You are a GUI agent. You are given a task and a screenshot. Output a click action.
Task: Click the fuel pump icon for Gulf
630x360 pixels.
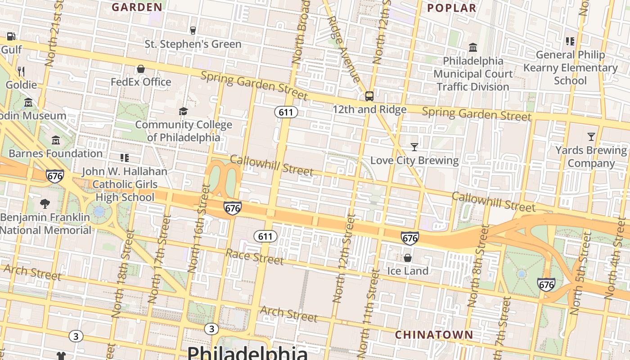tap(11, 36)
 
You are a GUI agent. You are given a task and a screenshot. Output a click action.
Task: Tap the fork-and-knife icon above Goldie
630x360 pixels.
tap(21, 71)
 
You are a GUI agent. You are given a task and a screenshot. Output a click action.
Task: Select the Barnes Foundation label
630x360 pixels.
tap(56, 153)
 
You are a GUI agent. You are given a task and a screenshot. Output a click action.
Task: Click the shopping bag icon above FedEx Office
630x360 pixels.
tap(141, 69)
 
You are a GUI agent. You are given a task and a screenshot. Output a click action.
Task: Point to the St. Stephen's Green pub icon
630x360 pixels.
tap(193, 30)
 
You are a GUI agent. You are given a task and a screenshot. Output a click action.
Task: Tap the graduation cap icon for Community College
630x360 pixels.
tap(183, 111)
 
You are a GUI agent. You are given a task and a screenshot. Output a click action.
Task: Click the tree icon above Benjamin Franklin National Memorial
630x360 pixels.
tap(45, 203)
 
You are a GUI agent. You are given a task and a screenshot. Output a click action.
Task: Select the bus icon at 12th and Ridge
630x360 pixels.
tap(369, 96)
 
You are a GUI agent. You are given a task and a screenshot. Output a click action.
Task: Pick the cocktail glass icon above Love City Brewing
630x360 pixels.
tap(414, 147)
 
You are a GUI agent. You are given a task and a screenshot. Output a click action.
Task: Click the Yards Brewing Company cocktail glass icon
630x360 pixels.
tap(591, 136)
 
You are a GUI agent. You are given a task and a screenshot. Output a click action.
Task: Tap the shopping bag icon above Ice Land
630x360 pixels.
tap(407, 258)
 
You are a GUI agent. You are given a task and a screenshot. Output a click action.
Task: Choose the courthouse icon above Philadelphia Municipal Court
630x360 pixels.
tap(473, 47)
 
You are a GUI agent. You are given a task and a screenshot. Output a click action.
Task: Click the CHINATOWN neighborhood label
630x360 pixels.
tap(434, 335)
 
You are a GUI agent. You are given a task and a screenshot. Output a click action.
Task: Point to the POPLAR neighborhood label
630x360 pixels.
tap(451, 8)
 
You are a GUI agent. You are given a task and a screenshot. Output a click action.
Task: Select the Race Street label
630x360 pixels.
tap(255, 257)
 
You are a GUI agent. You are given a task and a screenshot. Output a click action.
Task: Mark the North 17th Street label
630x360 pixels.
tap(160, 259)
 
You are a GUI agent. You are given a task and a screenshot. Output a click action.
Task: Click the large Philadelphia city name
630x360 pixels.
tap(247, 352)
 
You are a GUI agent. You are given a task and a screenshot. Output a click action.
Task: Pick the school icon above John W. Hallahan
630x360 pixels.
tap(125, 158)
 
